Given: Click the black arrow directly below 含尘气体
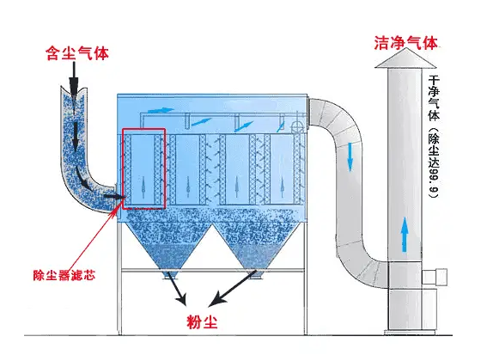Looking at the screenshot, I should [x=75, y=84].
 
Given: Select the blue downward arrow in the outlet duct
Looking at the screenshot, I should [x=350, y=156].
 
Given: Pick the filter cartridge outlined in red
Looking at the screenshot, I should [x=143, y=168].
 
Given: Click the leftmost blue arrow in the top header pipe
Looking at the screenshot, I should [x=160, y=110].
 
